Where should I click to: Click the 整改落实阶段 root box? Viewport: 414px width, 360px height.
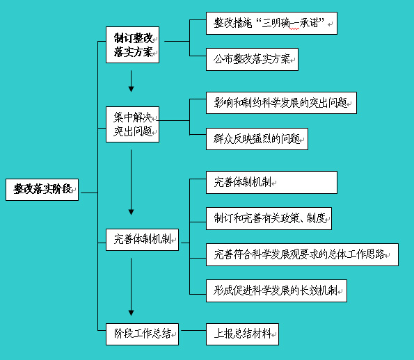pos(42,190)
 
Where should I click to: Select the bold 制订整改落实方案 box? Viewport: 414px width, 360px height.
pos(132,45)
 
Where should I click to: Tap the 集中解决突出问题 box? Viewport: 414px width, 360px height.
pos(132,124)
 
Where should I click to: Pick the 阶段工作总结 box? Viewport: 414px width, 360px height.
pos(143,334)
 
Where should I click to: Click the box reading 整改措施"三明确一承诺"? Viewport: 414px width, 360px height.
pos(271,23)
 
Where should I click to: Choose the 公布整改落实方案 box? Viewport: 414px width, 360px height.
pos(252,59)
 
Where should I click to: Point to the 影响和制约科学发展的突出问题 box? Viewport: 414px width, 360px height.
pos(282,103)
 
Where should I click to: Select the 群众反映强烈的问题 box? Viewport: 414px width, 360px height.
pos(257,139)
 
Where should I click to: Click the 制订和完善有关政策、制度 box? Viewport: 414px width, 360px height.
pos(269,219)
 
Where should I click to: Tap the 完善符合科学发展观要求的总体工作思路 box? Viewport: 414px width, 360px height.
pos(302,255)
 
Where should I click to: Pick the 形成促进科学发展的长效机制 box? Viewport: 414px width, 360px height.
pos(276,291)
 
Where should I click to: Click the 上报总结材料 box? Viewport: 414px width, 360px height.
pos(242,334)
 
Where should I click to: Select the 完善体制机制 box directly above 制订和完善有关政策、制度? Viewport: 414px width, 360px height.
pos(271,183)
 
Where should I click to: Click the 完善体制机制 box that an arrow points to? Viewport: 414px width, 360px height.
pos(143,240)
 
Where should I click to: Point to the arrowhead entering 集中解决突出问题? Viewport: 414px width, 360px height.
pos(132,89)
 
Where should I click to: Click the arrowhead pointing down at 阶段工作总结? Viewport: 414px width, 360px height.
pos(132,313)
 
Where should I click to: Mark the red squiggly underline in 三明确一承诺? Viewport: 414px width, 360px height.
pos(294,28)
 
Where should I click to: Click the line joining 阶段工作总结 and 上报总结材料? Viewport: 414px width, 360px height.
pos(193,330)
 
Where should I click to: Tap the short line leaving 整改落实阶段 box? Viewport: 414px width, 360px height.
pos(89,193)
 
